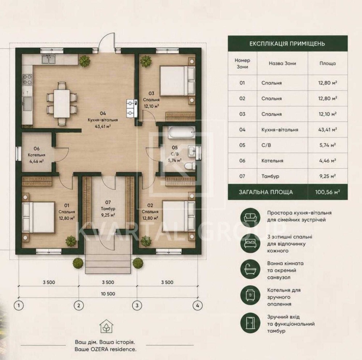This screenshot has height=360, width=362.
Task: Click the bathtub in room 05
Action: coord(181,133)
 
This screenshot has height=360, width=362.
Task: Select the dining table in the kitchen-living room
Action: coord(62,104)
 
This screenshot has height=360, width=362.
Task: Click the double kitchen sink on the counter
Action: coord(49,59)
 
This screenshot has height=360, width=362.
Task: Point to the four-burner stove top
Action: coord(27,79)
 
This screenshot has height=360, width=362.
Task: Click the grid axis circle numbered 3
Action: coord(137,306)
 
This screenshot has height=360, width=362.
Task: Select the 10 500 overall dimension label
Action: coord(108,294)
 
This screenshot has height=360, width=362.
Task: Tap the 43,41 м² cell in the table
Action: coord(327,130)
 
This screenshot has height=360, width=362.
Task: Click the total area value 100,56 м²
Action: coord(327,192)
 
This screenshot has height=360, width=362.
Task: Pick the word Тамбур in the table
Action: coord(270,176)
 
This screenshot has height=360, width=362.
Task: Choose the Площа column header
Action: coord(328,63)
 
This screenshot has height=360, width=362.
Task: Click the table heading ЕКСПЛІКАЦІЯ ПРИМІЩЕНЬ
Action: coord(287,44)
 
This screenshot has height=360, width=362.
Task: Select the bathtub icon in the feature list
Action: coord(250,269)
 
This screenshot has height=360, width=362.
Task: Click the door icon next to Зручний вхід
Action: coord(250,323)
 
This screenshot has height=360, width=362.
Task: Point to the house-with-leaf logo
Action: coord(106,327)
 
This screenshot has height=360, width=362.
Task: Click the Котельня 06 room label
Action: coord(37,155)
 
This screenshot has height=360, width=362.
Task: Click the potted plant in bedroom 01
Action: coord(71,241)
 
